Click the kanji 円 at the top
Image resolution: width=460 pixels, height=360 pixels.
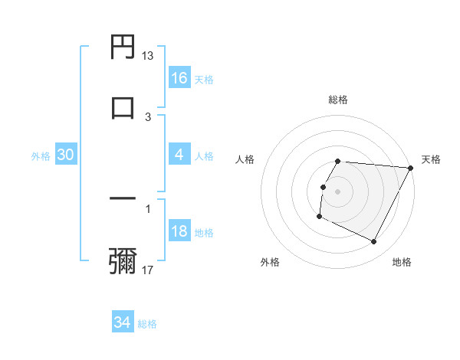tap(123, 47)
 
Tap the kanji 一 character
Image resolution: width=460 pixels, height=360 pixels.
tap(123, 198)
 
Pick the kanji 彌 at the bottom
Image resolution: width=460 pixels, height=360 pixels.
tap(123, 260)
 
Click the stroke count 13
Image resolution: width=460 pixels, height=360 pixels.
tap(148, 56)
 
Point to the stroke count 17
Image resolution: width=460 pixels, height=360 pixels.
tap(148, 270)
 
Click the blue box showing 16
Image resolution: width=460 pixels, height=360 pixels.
tap(179, 78)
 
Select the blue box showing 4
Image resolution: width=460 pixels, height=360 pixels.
tap(179, 155)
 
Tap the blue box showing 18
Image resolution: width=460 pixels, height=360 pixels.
tap(179, 231)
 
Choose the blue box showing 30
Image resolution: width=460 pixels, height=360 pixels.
tap(66, 155)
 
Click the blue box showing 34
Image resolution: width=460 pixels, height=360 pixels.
tap(123, 322)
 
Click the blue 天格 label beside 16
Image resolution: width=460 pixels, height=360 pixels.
tap(204, 79)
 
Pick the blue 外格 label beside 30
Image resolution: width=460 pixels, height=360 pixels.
tap(41, 155)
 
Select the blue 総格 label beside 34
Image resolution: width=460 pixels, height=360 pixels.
tap(147, 324)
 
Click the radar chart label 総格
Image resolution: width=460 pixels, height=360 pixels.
tap(338, 100)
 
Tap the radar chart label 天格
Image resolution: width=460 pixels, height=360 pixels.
tap(431, 159)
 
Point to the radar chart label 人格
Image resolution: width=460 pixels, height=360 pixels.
tap(245, 159)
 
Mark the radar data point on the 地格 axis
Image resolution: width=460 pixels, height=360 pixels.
tap(374, 242)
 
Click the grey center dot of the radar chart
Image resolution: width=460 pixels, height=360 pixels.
tap(338, 191)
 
